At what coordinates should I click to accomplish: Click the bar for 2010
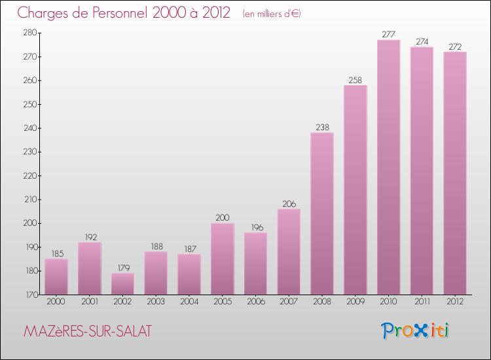coord(388,167)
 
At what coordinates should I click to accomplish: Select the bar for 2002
coord(122,283)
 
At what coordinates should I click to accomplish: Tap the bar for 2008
coord(322,213)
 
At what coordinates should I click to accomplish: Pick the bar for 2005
coord(222,259)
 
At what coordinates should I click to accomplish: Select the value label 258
coord(355,80)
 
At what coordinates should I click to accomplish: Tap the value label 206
coord(289,204)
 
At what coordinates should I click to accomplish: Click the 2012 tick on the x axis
coord(455,302)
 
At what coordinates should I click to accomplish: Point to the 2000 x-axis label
coord(56,302)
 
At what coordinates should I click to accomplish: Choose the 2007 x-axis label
coord(289,302)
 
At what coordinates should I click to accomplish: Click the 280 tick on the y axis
coord(29,33)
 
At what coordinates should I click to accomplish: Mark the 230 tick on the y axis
coord(29,152)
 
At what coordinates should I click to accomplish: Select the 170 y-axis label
coord(29,295)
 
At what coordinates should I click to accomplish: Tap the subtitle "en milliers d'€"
coord(271,14)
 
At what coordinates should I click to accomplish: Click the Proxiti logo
coord(416,331)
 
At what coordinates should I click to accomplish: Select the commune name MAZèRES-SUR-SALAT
coord(86,332)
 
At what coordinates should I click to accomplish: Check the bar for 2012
coord(455,173)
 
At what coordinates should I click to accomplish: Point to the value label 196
coord(255,227)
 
